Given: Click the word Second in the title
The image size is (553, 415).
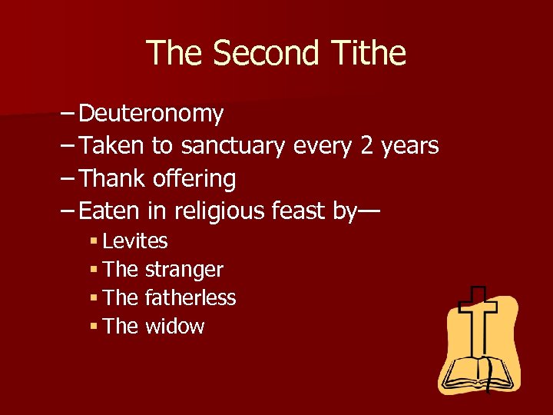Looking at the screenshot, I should coord(266,54).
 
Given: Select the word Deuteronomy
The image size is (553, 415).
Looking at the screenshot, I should coord(151,114).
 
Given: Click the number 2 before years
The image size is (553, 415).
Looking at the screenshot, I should coord(367,145).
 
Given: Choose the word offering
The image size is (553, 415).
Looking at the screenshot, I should coord(194,179).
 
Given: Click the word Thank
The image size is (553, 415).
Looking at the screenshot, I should coord(113,179).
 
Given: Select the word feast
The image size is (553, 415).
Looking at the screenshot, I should coord(300,211).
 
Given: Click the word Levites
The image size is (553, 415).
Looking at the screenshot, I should coord(134,241).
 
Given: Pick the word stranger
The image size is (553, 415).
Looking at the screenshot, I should coord(184,271).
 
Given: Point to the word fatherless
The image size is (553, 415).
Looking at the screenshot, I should coord(190,298).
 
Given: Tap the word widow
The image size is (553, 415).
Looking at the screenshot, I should coord(175,327).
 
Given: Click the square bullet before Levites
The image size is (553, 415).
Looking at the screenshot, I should coord(93,241).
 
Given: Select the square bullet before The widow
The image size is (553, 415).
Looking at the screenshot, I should coord(93,327).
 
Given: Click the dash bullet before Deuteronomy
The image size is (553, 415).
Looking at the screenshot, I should coord(66,114).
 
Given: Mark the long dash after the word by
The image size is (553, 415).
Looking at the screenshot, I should coord(369,211).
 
